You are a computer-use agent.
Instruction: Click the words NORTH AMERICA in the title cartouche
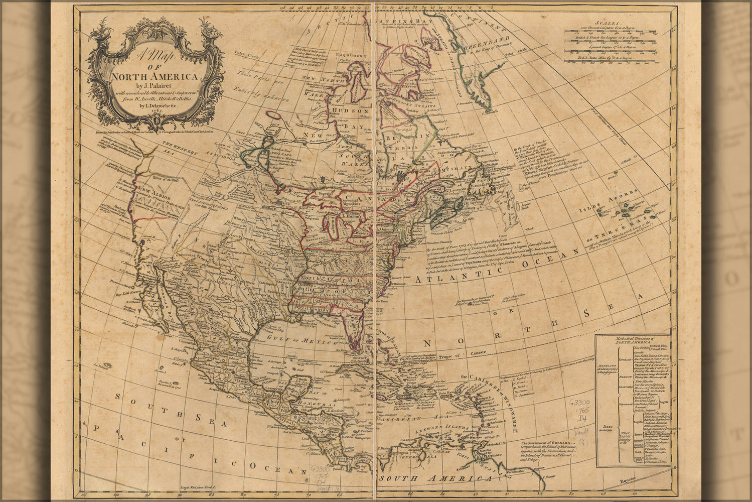[154, 77]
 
